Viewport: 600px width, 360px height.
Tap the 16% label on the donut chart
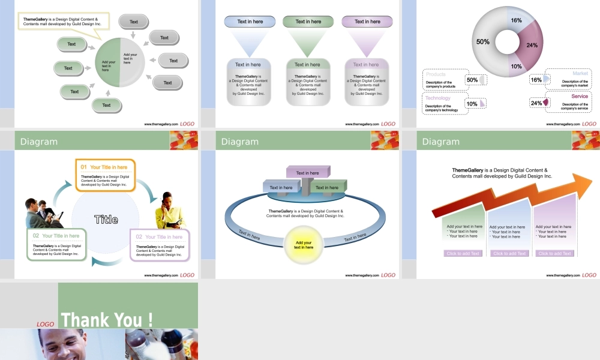tap(516, 20)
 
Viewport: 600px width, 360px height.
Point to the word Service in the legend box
tap(580, 97)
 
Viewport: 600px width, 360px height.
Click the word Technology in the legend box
tap(437, 98)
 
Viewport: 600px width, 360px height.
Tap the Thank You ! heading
tap(107, 319)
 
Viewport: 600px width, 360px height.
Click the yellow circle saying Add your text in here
tap(304, 245)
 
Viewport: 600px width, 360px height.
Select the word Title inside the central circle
tap(106, 220)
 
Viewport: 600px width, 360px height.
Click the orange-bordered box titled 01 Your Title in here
tap(105, 176)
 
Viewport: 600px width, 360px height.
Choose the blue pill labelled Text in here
tap(250, 22)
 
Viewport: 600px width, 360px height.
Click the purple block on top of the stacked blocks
tap(308, 173)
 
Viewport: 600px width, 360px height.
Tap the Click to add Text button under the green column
tap(463, 253)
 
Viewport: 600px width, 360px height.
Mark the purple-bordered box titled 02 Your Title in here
tap(160, 245)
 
